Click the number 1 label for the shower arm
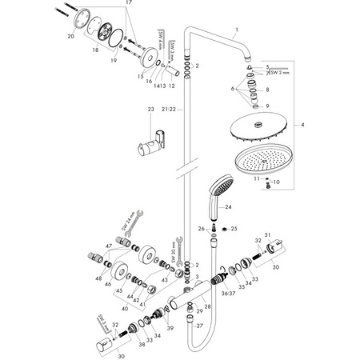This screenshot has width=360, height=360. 237,30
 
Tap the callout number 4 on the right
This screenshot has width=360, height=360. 346,125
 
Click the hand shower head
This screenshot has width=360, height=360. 215,191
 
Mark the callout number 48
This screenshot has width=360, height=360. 100,278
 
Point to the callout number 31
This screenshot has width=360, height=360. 270,233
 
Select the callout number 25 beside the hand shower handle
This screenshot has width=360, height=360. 234,229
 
